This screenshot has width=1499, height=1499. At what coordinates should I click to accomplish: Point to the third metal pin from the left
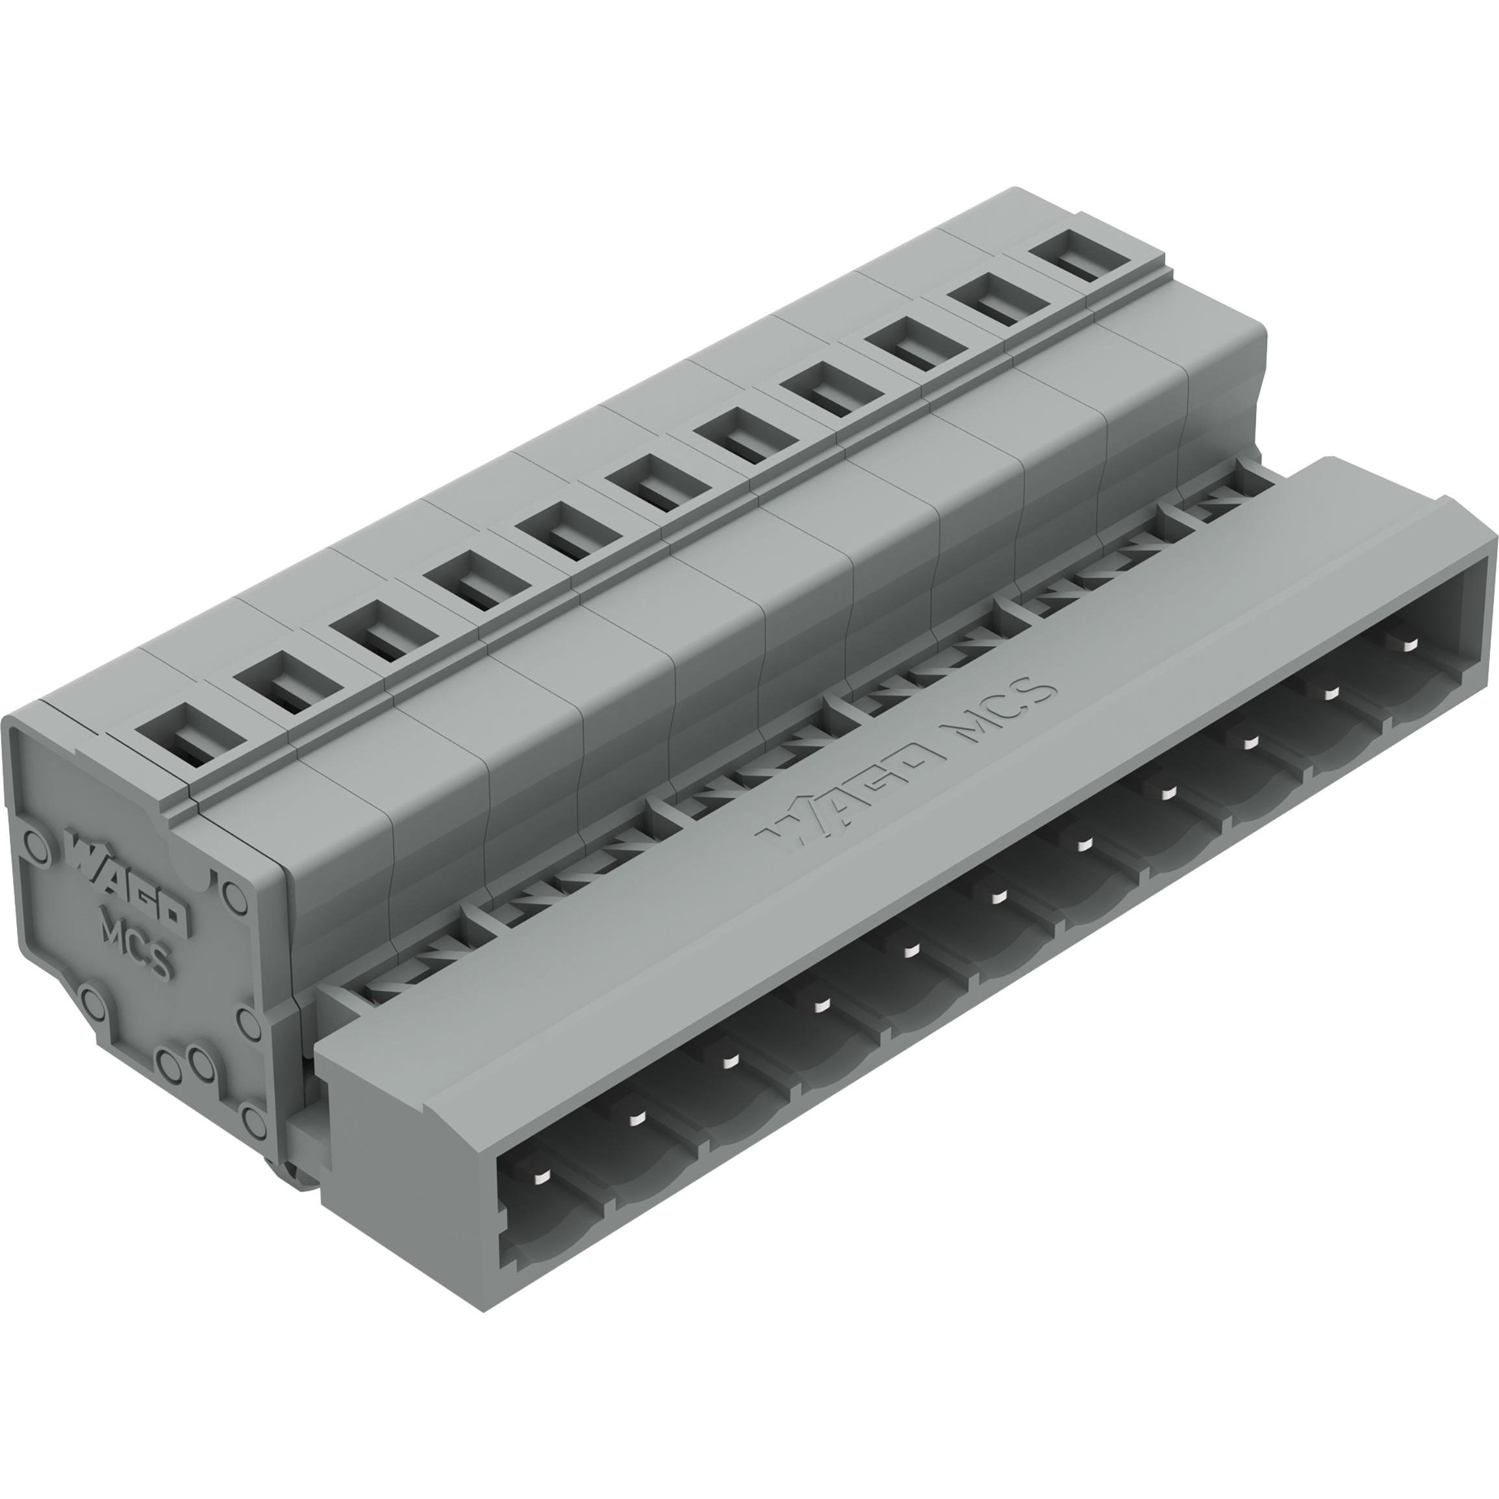point(729,1061)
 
